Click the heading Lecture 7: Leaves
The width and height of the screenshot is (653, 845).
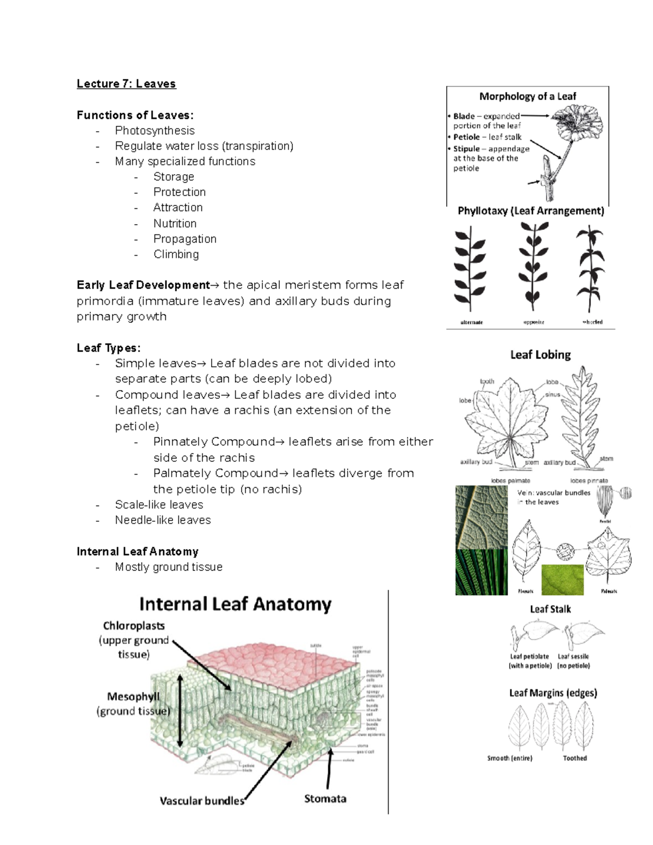tap(126, 84)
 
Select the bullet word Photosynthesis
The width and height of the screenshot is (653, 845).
tap(155, 131)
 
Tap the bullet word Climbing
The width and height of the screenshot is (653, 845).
tap(176, 254)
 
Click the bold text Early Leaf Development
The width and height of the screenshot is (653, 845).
tap(143, 285)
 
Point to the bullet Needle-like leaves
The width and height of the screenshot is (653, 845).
tap(163, 520)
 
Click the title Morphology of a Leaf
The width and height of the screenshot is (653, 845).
tap(527, 96)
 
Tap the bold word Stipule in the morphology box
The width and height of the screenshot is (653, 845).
tap(466, 149)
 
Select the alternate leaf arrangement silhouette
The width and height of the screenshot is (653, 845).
tap(470, 269)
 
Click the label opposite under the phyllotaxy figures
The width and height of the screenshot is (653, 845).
tap(533, 322)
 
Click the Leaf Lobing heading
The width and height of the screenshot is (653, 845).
tap(540, 355)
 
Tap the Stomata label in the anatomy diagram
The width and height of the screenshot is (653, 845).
tap(325, 799)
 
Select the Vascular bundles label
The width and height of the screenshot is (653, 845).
tap(201, 801)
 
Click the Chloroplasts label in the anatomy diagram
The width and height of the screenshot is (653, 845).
tap(134, 626)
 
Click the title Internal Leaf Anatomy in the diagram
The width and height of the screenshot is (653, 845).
tap(235, 604)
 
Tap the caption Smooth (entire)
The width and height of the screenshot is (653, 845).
tap(509, 758)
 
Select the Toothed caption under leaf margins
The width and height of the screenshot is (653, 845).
tap(575, 758)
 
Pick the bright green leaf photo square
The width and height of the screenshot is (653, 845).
tap(562, 579)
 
